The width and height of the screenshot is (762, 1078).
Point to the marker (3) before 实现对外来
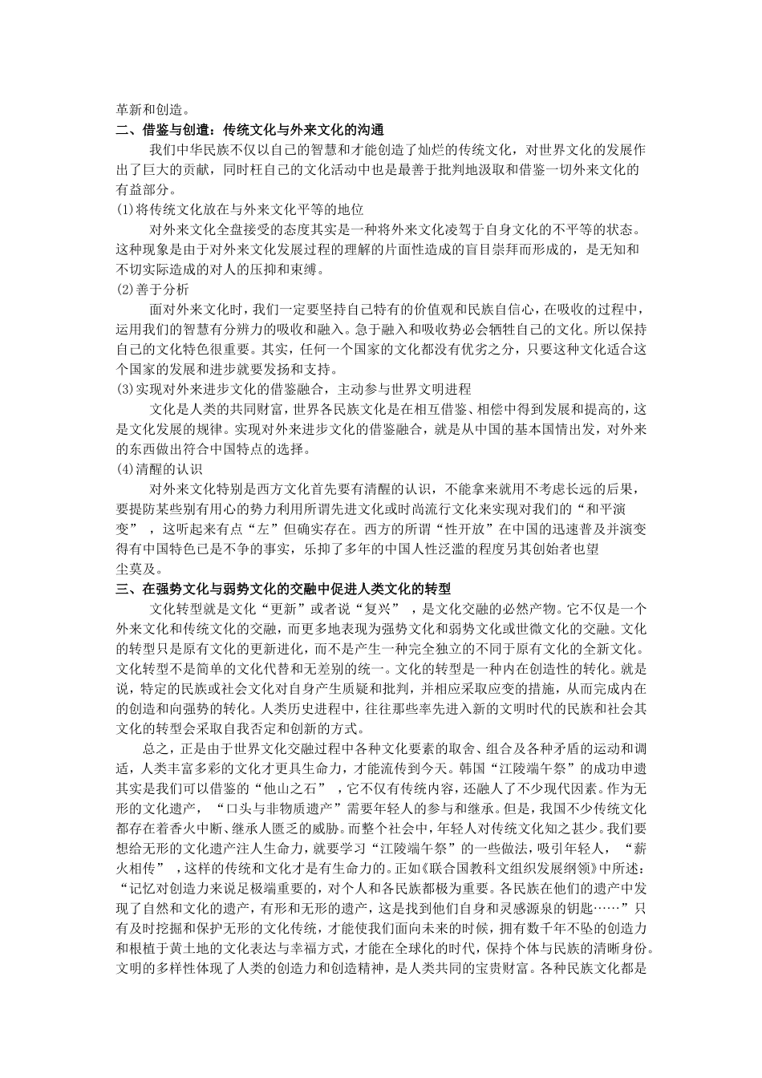click(x=124, y=389)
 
